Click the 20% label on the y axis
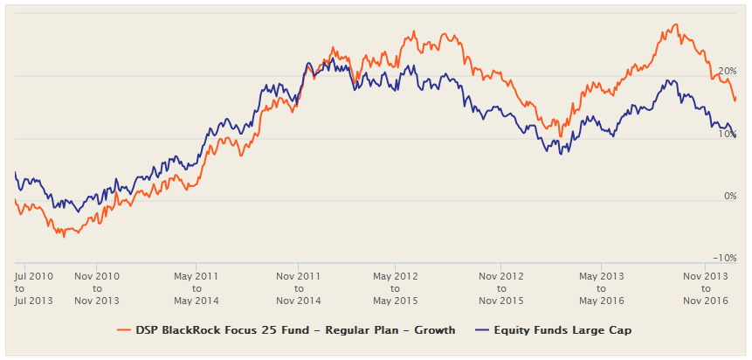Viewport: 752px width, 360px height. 728,71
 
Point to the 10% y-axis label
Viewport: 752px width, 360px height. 728,134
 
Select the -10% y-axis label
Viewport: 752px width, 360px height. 725,259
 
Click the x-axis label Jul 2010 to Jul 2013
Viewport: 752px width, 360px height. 34,288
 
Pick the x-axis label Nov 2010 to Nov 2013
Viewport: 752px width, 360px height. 97,288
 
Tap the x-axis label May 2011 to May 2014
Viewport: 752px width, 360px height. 197,288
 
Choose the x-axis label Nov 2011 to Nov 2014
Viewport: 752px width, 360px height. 298,288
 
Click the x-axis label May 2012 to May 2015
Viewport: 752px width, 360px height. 395,288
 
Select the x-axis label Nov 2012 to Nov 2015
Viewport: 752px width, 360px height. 500,288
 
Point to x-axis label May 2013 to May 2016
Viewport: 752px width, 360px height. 600,288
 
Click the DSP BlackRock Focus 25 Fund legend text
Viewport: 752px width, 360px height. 294,330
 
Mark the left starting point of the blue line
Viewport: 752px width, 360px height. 16,173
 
